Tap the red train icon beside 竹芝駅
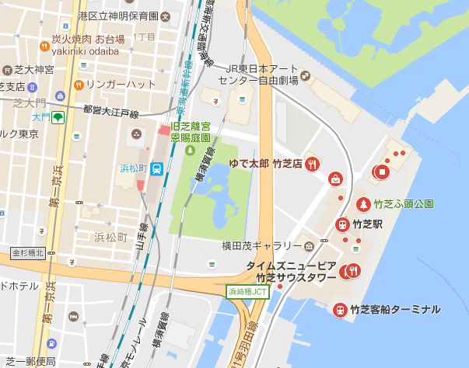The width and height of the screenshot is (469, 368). tap(341, 224)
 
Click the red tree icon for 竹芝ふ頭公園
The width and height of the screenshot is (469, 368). tap(362, 204)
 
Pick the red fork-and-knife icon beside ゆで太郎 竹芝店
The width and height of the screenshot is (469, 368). tap(312, 163)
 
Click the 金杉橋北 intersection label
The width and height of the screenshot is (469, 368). tap(28, 253)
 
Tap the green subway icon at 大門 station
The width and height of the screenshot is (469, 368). tap(58, 117)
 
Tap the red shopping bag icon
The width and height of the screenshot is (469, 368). tap(336, 179)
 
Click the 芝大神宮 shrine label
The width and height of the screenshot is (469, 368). tap(33, 69)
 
